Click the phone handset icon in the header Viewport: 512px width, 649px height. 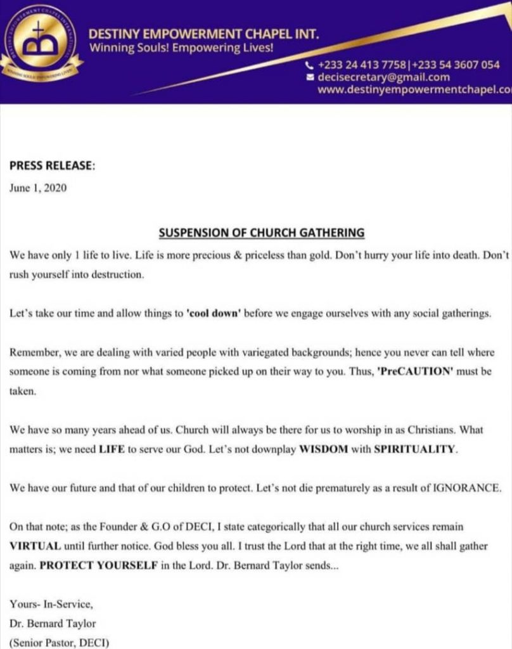pos(309,65)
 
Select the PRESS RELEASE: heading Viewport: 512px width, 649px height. pos(52,166)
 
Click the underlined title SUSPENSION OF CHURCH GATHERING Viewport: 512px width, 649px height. pos(261,233)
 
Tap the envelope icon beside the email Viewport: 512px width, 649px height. pos(309,77)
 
